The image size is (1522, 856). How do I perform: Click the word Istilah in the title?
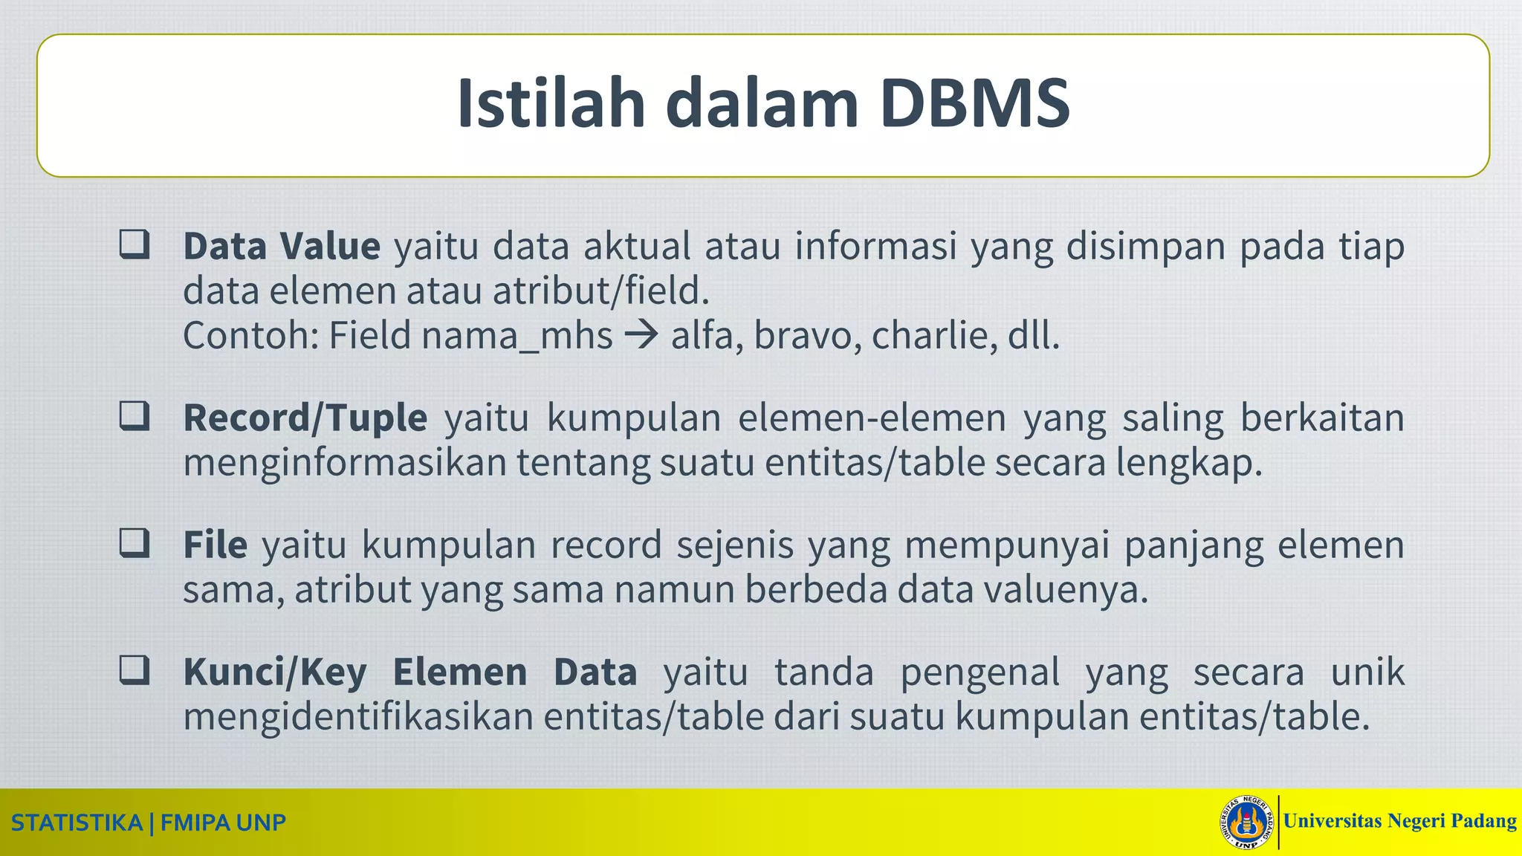pyautogui.click(x=551, y=103)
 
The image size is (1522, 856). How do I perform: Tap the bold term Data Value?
pyautogui.click(x=282, y=246)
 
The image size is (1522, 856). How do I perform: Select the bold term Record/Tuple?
pyautogui.click(x=305, y=418)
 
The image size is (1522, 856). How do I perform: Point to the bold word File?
pyautogui.click(x=215, y=545)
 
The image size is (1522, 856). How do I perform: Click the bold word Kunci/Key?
pyautogui.click(x=275, y=672)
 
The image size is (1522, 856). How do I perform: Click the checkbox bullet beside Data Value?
pyautogui.click(x=135, y=244)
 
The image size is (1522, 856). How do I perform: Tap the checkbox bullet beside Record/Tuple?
pyautogui.click(x=135, y=416)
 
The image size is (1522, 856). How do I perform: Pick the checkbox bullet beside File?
pyautogui.click(x=135, y=543)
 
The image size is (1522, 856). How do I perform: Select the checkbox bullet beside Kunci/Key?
pyautogui.click(x=135, y=670)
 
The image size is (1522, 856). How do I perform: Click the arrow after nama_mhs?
pyautogui.click(x=641, y=336)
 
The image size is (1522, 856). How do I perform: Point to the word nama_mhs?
pyautogui.click(x=516, y=336)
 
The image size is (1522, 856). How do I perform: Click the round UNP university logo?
pyautogui.click(x=1246, y=823)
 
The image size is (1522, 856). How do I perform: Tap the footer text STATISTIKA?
pyautogui.click(x=77, y=823)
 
